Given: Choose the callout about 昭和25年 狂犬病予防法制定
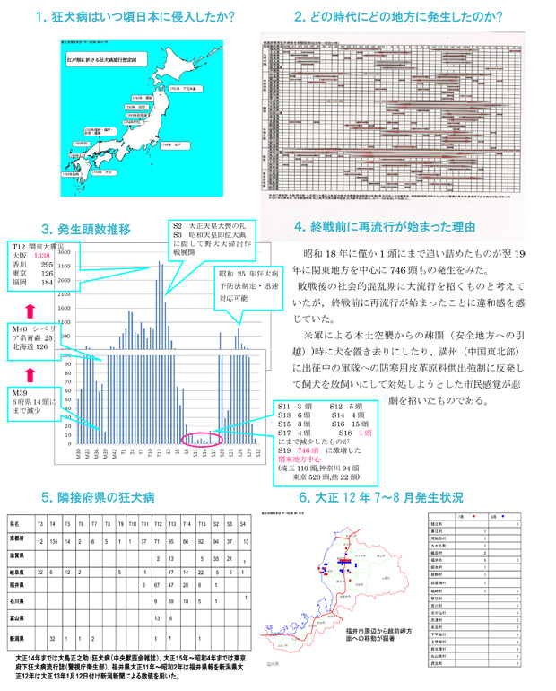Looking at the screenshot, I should click(x=247, y=285).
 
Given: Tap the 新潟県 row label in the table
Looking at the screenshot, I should click(x=17, y=639).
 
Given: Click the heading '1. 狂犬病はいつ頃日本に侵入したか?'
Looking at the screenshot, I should click(x=135, y=16).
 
